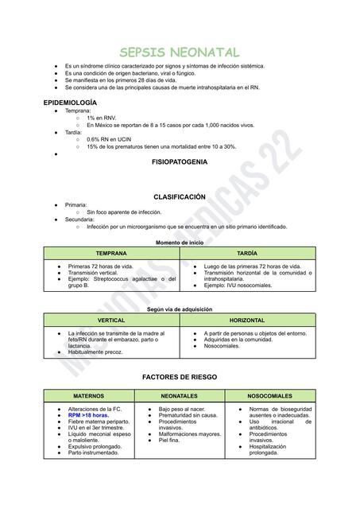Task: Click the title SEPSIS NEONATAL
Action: tap(180, 52)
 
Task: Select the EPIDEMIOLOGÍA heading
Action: tap(70, 103)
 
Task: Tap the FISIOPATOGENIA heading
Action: tap(180, 161)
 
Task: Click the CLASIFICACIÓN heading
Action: tap(180, 197)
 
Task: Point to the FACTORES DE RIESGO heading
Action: tap(180, 376)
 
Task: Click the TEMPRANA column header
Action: tap(111, 253)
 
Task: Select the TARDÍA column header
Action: tap(248, 253)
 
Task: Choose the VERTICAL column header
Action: tap(111, 320)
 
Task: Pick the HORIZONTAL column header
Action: tap(248, 320)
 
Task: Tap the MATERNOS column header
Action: tap(89, 395)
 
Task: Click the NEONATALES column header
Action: tap(180, 395)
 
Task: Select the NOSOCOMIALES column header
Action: tap(270, 395)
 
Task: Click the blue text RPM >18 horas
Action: tap(88, 415)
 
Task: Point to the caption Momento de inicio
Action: tap(180, 242)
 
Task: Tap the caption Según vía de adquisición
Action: tap(180, 309)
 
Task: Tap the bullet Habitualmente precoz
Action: tap(95, 352)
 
